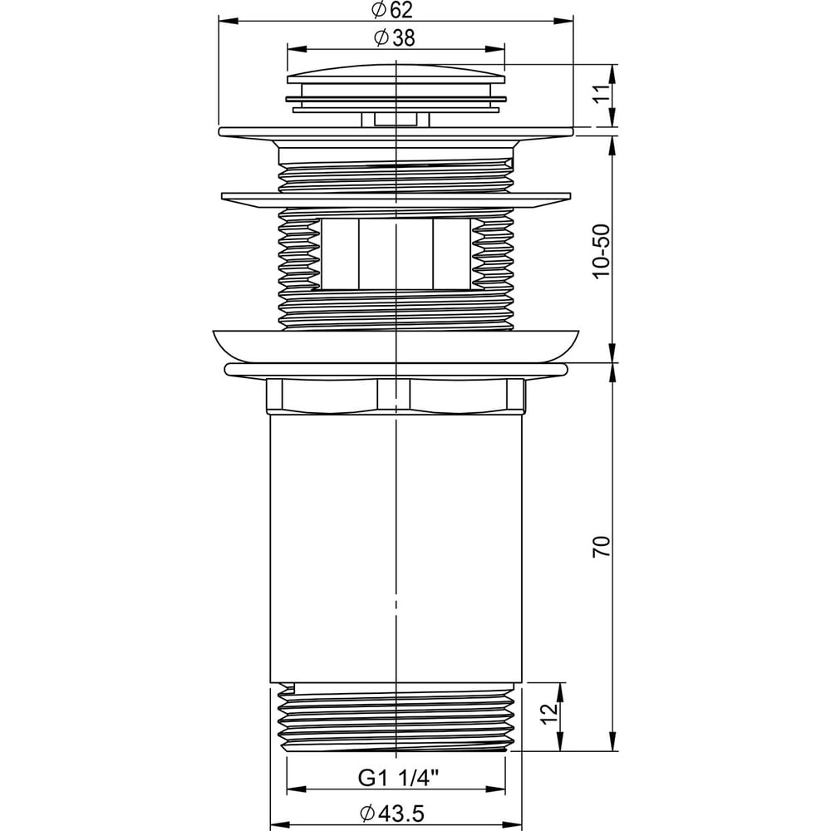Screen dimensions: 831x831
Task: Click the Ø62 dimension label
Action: pos(392,9)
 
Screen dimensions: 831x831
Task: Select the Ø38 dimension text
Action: pos(394,37)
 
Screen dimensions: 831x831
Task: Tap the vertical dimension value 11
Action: pos(601,95)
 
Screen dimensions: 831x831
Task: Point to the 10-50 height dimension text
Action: pos(601,251)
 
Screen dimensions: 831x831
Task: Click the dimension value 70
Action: pos(601,547)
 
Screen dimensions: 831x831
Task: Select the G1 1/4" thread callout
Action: pos(399,778)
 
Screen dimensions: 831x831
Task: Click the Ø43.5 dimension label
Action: pos(392,814)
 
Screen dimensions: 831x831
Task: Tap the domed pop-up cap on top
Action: pos(396,74)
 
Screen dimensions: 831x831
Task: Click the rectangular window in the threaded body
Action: pos(396,254)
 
